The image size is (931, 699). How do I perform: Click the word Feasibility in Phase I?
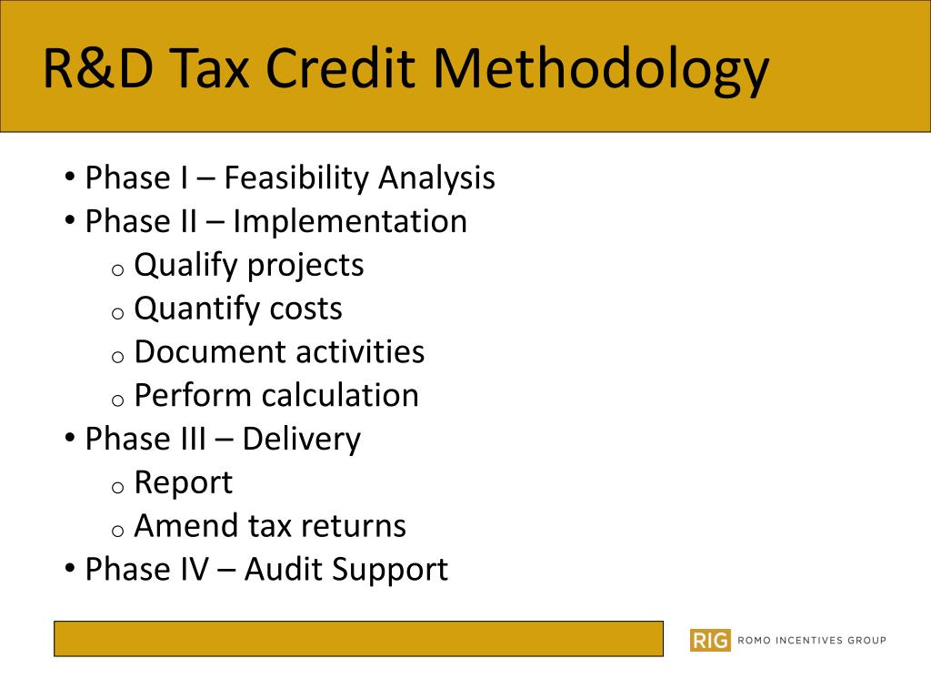pyautogui.click(x=296, y=177)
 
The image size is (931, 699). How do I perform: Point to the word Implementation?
pyautogui.click(x=349, y=221)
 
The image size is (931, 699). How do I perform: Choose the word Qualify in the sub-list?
pyautogui.click(x=185, y=266)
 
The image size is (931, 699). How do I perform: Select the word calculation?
pyautogui.click(x=340, y=396)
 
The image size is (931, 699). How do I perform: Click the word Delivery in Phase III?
pyautogui.click(x=301, y=440)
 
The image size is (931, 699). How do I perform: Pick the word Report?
pyautogui.click(x=183, y=483)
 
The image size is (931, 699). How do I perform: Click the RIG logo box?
pyautogui.click(x=710, y=640)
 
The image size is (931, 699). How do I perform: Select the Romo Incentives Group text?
pyautogui.click(x=811, y=640)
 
